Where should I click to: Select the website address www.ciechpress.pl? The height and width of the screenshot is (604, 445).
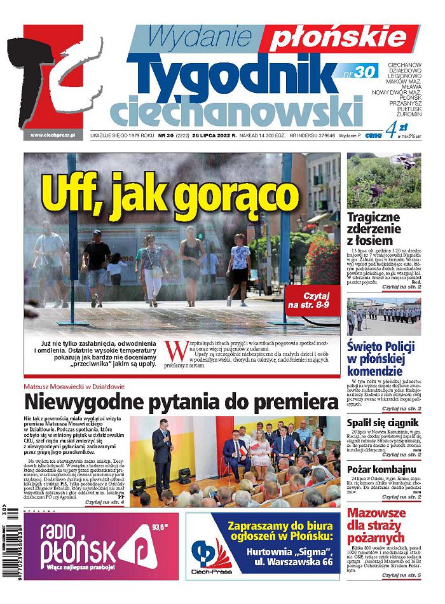[53, 135]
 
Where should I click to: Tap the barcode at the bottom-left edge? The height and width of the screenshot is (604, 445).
[12, 547]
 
